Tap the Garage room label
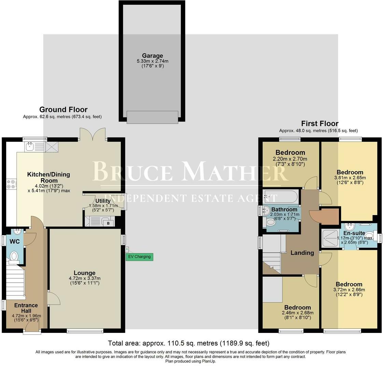coord(153,56)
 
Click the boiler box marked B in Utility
coord(109,223)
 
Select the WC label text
coord(15,242)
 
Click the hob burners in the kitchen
coord(11,185)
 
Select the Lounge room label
coord(85,273)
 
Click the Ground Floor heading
coord(63,110)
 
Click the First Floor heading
coord(319,124)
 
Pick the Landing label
coord(302,253)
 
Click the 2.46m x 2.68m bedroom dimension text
coord(298,313)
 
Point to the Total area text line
coord(188,343)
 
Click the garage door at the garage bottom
coord(152,117)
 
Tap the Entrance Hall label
coord(26,308)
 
